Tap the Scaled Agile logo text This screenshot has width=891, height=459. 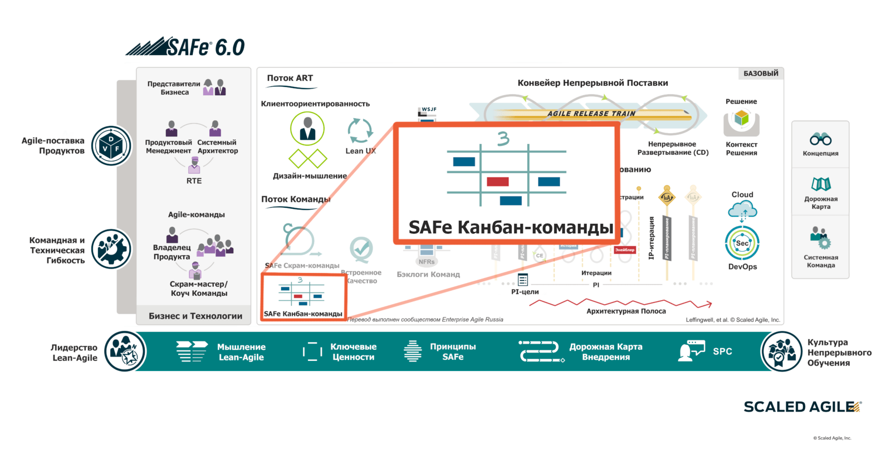802,407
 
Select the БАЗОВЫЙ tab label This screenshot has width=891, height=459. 761,74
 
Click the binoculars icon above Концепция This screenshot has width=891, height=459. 820,139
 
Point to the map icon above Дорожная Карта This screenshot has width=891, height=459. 821,184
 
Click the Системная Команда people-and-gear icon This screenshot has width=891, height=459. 820,237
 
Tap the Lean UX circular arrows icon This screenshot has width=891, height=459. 360,131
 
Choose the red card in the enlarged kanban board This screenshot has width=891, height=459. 497,182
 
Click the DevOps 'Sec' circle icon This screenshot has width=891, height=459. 742,243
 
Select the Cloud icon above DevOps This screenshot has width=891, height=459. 742,210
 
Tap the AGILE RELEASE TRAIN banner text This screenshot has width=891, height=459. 591,114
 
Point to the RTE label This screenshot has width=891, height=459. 194,181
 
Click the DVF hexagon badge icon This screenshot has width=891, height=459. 111,146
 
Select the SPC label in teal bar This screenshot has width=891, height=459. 722,351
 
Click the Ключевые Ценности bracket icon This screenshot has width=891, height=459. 312,351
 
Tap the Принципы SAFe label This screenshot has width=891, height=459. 453,351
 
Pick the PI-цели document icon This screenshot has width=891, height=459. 523,280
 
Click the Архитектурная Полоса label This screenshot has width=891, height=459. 626,311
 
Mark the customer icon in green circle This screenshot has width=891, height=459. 307,129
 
